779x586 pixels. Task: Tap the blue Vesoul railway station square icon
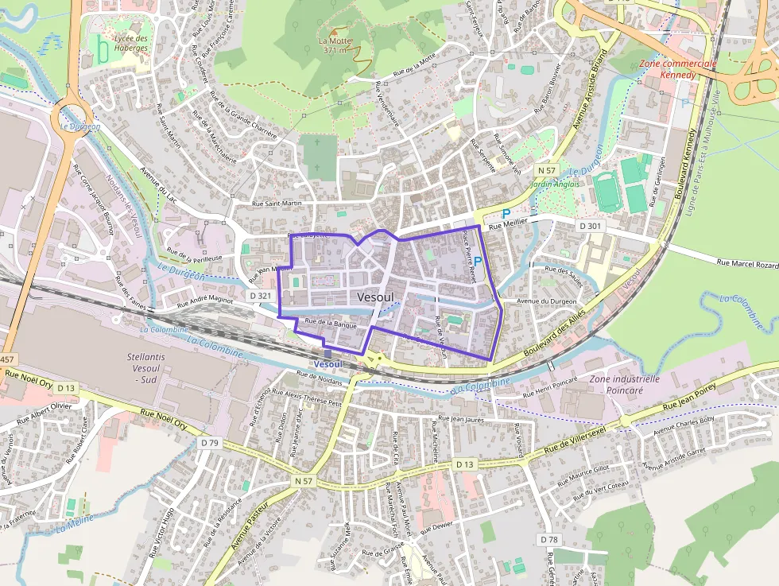(x=327, y=354)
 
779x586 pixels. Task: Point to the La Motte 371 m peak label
(x=334, y=45)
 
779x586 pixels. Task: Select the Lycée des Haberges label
(x=131, y=43)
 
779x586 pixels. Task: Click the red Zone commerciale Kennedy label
(x=678, y=68)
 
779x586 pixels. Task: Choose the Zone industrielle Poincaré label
(x=625, y=385)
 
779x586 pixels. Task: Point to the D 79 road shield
(x=209, y=442)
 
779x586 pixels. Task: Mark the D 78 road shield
(x=549, y=539)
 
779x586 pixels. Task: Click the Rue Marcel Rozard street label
(x=747, y=263)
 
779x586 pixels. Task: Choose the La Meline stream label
(x=74, y=521)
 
